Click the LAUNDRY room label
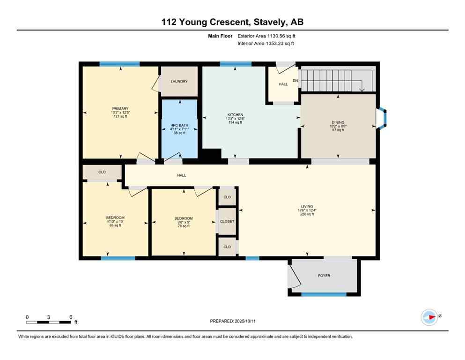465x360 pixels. pyautogui.click(x=179, y=82)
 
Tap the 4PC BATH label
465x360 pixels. pyautogui.click(x=179, y=124)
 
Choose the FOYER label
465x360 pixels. pyautogui.click(x=324, y=276)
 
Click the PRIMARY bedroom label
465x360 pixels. pyautogui.click(x=120, y=109)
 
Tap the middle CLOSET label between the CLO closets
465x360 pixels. pyautogui.click(x=227, y=221)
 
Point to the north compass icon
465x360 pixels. pyautogui.click(x=429, y=317)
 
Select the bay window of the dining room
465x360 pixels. pyautogui.click(x=383, y=119)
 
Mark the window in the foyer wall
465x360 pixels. pyautogui.click(x=324, y=294)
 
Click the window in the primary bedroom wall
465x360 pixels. pyautogui.click(x=119, y=64)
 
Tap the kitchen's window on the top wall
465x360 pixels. pyautogui.click(x=236, y=64)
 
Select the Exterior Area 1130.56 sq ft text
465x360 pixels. pyautogui.click(x=266, y=36)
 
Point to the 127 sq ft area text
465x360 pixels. pyautogui.click(x=120, y=116)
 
